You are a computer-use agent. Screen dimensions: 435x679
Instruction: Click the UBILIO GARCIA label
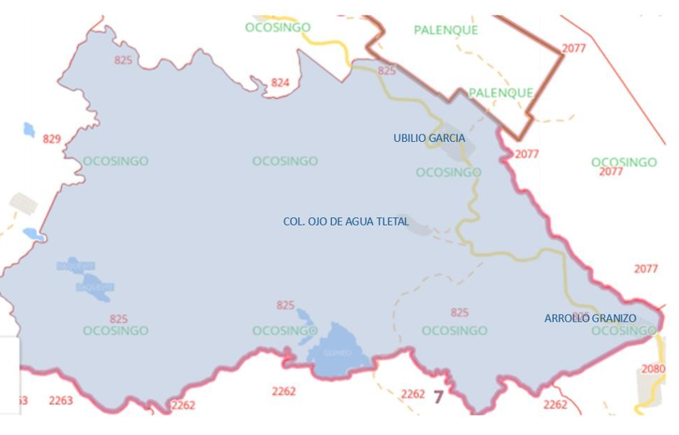click(x=429, y=138)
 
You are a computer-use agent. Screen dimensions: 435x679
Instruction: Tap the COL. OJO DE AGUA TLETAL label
click(x=346, y=222)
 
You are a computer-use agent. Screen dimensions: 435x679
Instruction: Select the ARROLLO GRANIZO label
click(x=590, y=318)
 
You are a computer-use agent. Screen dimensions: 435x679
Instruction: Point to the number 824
click(x=280, y=82)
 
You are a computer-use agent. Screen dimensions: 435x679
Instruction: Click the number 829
click(x=52, y=139)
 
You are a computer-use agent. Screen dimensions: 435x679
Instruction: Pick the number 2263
click(x=61, y=401)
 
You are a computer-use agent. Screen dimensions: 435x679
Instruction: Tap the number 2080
click(x=654, y=368)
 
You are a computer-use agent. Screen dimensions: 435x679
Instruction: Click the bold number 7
click(x=438, y=396)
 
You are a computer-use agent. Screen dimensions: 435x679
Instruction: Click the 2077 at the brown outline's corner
click(x=574, y=48)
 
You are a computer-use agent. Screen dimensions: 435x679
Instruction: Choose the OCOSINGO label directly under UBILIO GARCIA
click(x=448, y=172)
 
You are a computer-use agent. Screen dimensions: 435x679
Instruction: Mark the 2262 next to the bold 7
click(x=413, y=393)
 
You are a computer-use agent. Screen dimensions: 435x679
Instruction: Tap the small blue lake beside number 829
click(x=29, y=129)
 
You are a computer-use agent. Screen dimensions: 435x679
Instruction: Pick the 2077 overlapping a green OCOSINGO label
click(x=611, y=171)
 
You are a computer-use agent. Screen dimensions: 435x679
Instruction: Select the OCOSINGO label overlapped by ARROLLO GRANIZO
click(x=624, y=331)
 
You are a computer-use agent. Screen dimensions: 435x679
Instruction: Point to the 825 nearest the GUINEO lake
click(x=285, y=306)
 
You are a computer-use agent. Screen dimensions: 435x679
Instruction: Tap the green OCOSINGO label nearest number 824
click(x=278, y=28)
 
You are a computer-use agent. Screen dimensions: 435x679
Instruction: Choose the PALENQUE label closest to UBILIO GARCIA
click(x=500, y=93)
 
